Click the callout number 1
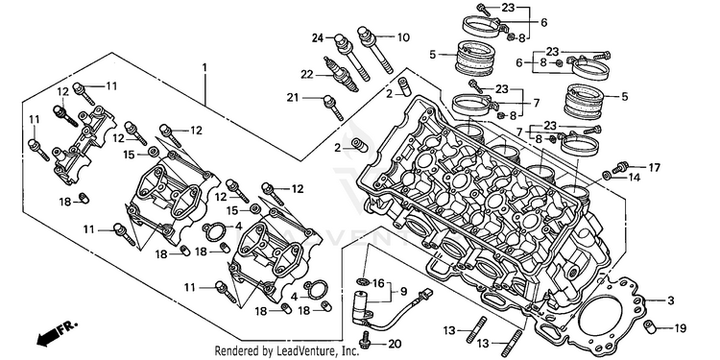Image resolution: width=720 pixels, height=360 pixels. [204, 67]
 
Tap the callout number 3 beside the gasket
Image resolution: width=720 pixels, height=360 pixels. [671, 301]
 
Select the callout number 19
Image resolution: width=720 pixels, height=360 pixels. [680, 328]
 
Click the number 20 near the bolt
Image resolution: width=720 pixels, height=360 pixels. [395, 344]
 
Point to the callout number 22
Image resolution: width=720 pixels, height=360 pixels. [307, 74]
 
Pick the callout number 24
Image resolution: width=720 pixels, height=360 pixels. [318, 38]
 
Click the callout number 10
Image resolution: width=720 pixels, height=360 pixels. [402, 37]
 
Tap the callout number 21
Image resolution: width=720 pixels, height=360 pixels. [293, 97]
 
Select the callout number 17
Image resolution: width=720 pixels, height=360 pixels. [654, 168]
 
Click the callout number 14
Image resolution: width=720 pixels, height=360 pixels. [635, 178]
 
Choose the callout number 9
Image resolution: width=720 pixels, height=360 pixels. [403, 291]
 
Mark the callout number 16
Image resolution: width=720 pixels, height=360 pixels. [378, 283]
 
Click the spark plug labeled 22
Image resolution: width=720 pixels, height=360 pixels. [340, 75]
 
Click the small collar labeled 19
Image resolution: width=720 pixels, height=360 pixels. [651, 325]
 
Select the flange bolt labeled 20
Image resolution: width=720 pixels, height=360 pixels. [366, 337]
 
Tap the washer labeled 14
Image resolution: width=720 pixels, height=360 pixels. [608, 175]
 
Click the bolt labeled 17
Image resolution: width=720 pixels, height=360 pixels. [620, 167]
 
